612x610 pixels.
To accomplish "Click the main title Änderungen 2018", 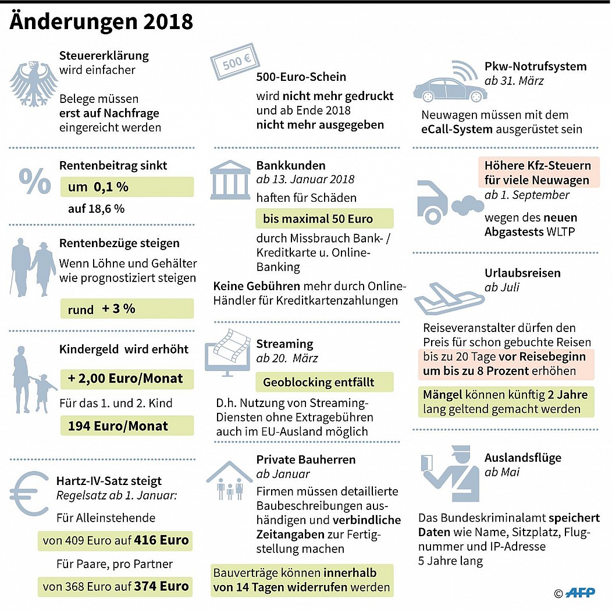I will pyautogui.click(x=101, y=22).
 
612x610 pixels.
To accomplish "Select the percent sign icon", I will pyautogui.click(x=35, y=181).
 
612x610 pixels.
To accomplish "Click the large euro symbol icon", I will pyautogui.click(x=32, y=493).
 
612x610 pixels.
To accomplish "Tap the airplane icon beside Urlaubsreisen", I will pyautogui.click(x=448, y=296).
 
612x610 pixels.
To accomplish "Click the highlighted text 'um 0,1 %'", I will pyautogui.click(x=98, y=187).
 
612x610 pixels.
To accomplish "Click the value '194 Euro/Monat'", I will pyautogui.click(x=118, y=426).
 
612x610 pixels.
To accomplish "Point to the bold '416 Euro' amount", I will pyautogui.click(x=161, y=540).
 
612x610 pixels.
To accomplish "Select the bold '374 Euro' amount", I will pyautogui.click(x=161, y=586).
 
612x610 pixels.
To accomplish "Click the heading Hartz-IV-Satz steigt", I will pyautogui.click(x=109, y=481).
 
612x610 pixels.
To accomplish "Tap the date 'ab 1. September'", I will pyautogui.click(x=527, y=195).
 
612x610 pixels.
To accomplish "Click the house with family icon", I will pyautogui.click(x=230, y=480).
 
